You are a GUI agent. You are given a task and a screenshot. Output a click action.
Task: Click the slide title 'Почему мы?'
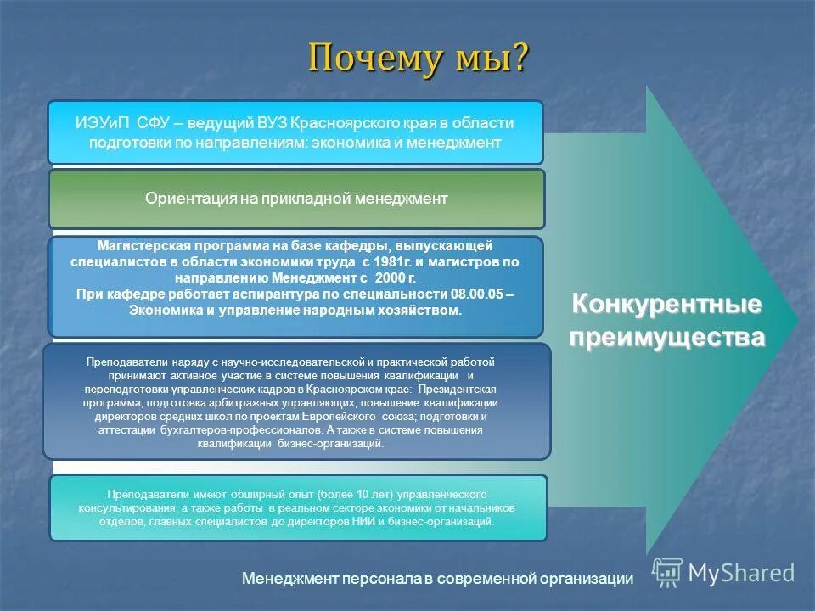point(418,59)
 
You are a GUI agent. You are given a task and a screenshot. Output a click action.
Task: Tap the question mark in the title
point(519,59)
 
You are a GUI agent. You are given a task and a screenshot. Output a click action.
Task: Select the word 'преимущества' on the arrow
point(666,337)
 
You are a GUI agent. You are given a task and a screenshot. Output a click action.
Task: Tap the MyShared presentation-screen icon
point(667,573)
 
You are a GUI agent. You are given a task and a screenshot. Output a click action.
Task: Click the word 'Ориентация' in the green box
point(184,199)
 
